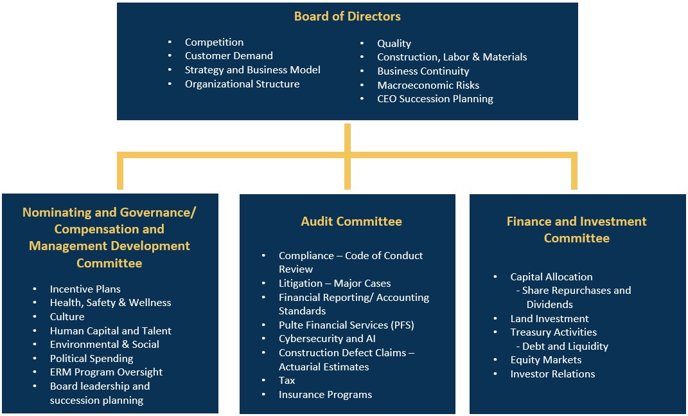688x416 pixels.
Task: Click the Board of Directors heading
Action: (x=347, y=16)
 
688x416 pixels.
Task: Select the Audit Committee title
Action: (x=351, y=221)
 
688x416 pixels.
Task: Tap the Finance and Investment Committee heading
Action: (x=576, y=230)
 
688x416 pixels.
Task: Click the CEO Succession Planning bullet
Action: (x=435, y=99)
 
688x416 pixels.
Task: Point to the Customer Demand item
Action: (x=229, y=56)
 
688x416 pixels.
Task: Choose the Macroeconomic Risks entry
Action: (x=428, y=85)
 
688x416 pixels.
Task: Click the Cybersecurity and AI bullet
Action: (x=327, y=339)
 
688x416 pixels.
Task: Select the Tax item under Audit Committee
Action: (x=287, y=381)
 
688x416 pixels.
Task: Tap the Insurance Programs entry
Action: (x=325, y=395)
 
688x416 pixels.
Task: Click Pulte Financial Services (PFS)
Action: (x=346, y=325)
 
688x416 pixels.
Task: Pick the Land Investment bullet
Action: (x=549, y=318)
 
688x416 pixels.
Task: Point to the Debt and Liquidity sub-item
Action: (x=565, y=346)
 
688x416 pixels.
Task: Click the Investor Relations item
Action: (x=552, y=374)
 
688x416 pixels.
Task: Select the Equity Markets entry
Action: (x=545, y=360)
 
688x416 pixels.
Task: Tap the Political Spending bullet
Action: (x=92, y=358)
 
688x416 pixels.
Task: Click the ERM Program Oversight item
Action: (x=106, y=372)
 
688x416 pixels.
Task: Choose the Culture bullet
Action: (x=67, y=316)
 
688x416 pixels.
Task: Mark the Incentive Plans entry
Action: (x=85, y=289)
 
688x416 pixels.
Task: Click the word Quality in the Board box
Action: (x=394, y=43)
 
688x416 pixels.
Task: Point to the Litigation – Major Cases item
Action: (x=334, y=283)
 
